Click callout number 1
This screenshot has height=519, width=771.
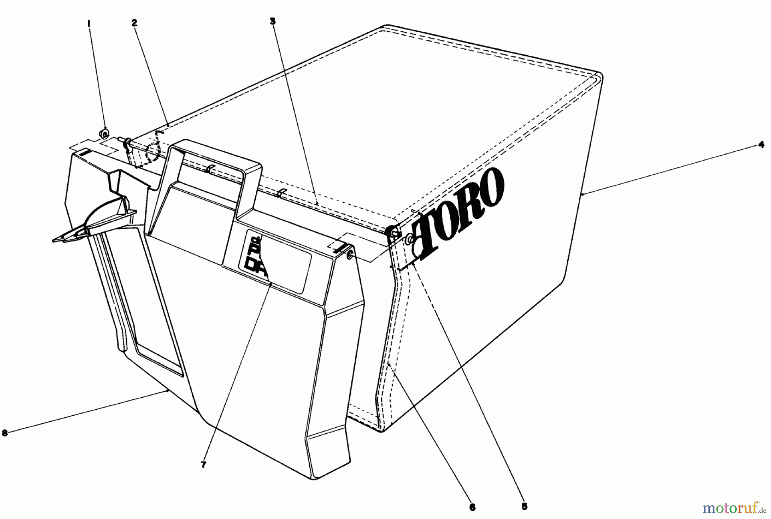pos(89,24)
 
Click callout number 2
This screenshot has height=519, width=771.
pos(134,23)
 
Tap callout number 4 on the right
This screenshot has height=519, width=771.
pos(761,145)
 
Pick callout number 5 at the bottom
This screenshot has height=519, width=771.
pos(525,506)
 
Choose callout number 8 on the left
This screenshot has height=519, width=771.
pos(5,433)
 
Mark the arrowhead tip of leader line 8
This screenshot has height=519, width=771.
pos(166,391)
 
